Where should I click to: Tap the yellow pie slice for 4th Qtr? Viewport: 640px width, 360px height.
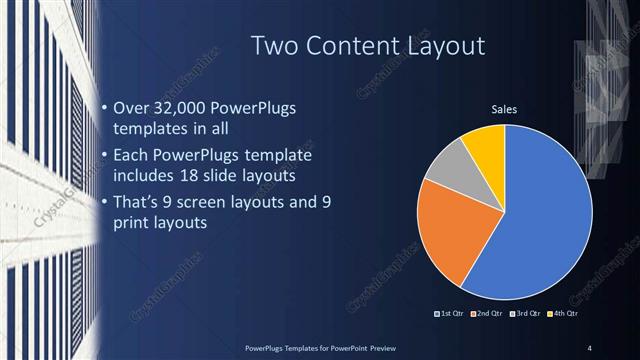click(x=487, y=144)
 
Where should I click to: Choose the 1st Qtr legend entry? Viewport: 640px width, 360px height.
click(x=450, y=314)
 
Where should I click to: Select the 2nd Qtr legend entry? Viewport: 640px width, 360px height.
click(x=489, y=314)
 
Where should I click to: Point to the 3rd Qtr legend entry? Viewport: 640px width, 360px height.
click(x=527, y=314)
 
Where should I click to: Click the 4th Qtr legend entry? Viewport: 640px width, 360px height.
click(x=564, y=314)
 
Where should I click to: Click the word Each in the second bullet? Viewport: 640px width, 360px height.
click(x=131, y=156)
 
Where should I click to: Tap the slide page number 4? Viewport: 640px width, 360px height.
click(x=590, y=348)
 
